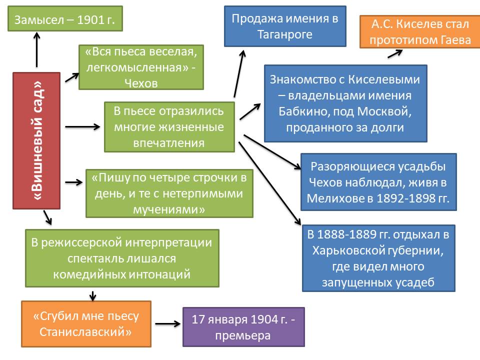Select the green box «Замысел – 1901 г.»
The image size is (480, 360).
pos(65,20)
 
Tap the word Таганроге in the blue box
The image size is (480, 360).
pos(285,34)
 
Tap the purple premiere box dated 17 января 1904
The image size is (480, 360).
pos(243,327)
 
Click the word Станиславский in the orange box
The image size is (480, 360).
pos(85,331)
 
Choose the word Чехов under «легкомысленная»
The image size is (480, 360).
pos(140,83)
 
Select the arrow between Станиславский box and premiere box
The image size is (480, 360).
pos(167,324)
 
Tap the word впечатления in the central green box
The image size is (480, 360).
pos(168,143)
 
